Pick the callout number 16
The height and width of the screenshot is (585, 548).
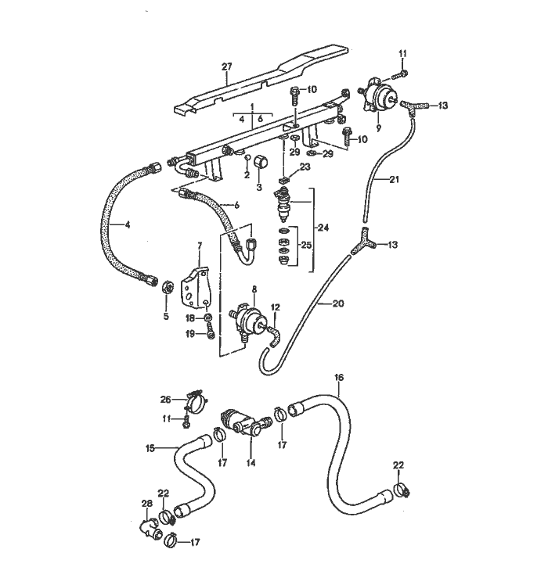[x=338, y=377]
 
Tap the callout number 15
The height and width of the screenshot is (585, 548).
[x=150, y=448]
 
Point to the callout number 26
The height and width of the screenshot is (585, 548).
[x=165, y=399]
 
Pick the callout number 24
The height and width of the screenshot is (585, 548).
[x=323, y=228]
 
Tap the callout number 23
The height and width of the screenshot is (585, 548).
[x=305, y=167]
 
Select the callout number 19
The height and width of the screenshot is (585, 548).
[x=189, y=335]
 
